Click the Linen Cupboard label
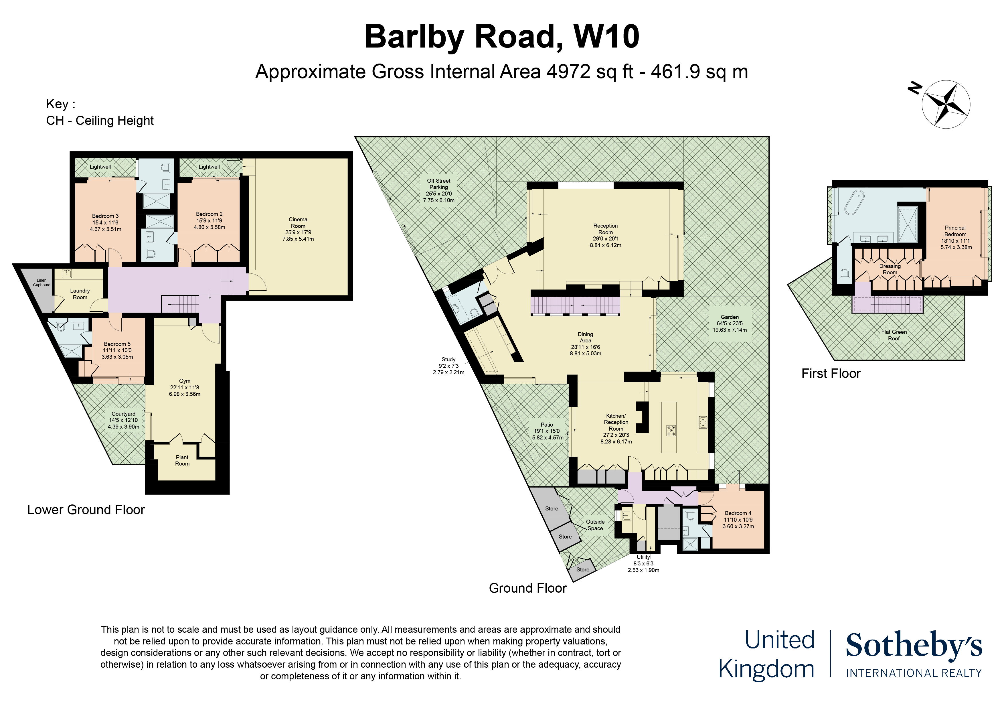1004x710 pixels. pyautogui.click(x=41, y=283)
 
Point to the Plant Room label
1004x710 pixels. pyautogui.click(x=182, y=460)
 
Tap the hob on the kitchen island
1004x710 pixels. pyautogui.click(x=671, y=431)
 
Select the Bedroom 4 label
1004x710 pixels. pyautogui.click(x=738, y=513)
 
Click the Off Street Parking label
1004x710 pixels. pyautogui.click(x=438, y=184)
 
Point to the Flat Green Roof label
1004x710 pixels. pyautogui.click(x=894, y=335)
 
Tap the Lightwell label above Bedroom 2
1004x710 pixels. pyautogui.click(x=209, y=167)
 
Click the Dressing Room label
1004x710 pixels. pyautogui.click(x=890, y=269)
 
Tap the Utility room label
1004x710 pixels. pyautogui.click(x=643, y=557)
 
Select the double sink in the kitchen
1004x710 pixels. pyautogui.click(x=703, y=422)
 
